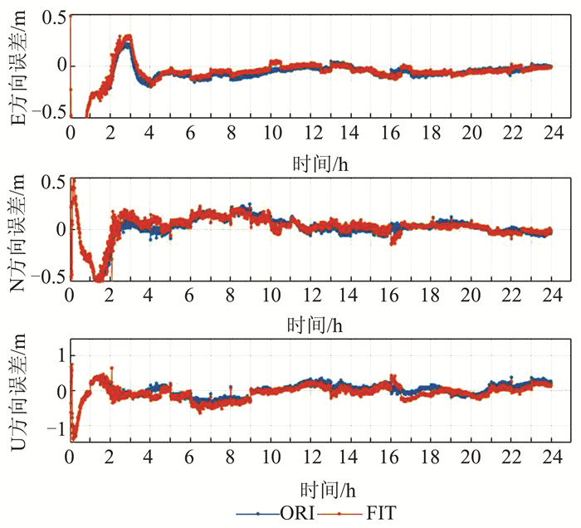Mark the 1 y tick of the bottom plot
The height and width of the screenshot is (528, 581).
click(57, 355)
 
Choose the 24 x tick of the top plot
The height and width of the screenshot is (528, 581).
click(552, 133)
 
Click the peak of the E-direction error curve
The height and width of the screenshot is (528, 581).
click(127, 37)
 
